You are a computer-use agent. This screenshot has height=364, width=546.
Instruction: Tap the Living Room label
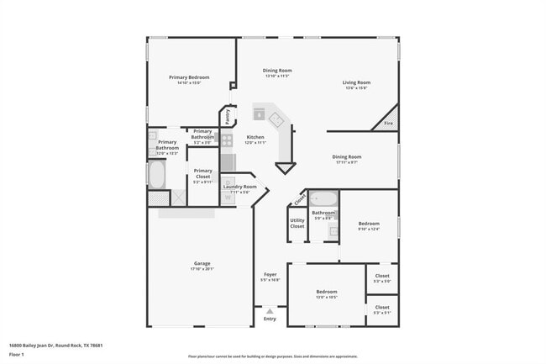click(x=356, y=82)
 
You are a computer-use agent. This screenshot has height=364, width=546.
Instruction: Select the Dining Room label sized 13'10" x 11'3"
click(x=277, y=71)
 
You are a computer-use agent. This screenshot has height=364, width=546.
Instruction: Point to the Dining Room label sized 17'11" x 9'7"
click(x=346, y=157)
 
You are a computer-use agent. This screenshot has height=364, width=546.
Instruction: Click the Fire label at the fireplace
click(x=388, y=124)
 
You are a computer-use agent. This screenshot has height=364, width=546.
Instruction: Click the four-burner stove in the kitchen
click(x=227, y=140)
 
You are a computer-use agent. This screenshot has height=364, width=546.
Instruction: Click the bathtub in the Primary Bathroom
click(x=157, y=174)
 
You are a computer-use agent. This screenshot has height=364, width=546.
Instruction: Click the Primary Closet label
click(x=202, y=173)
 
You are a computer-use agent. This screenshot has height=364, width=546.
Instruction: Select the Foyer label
click(x=270, y=274)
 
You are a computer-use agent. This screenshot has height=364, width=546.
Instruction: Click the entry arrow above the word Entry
click(x=270, y=311)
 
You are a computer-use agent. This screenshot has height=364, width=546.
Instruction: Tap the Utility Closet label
click(x=297, y=223)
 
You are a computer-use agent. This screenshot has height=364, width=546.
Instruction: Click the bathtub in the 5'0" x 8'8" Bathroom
click(x=323, y=199)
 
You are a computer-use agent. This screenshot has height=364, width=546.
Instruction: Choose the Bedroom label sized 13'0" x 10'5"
click(x=326, y=292)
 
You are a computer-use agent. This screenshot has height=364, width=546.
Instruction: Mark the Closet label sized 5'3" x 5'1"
click(x=382, y=308)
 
